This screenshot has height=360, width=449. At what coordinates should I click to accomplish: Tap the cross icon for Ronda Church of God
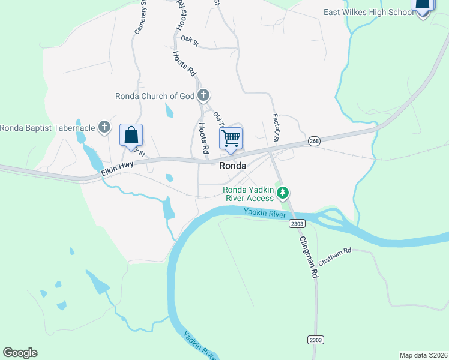[203, 95]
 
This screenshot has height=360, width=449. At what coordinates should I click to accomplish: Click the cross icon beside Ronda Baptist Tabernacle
[104, 127]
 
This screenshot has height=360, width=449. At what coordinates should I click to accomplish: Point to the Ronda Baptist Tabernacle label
[47, 127]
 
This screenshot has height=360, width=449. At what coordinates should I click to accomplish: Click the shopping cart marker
[231, 139]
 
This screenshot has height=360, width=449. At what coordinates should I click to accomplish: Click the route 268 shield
[314, 141]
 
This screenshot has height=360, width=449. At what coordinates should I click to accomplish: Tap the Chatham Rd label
[334, 257]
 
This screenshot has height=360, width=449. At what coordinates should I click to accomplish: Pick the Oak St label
[190, 41]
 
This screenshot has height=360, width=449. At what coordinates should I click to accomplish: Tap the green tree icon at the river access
[283, 193]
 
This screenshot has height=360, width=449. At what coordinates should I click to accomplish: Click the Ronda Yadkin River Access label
[248, 193]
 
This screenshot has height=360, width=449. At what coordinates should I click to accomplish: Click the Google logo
[20, 353]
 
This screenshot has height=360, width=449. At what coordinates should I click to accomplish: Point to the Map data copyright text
[423, 355]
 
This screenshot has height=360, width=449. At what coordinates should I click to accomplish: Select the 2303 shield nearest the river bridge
[297, 223]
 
